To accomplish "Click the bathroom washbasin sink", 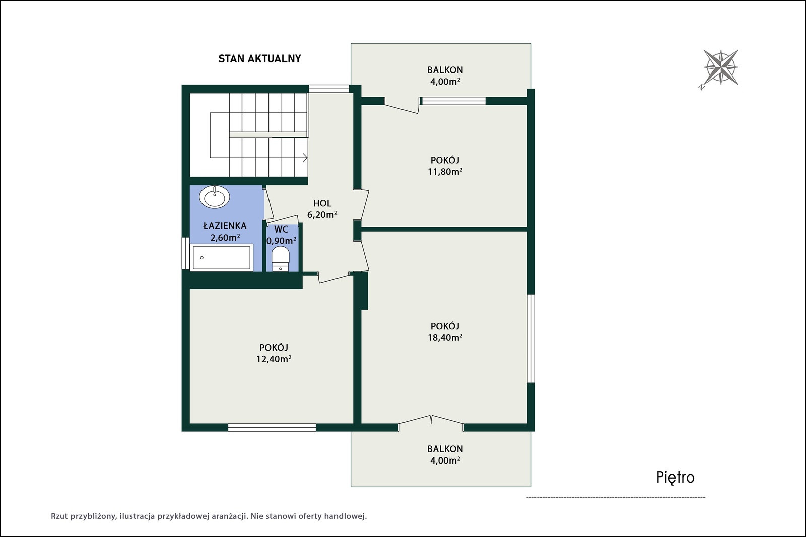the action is (215, 197).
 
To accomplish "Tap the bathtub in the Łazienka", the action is (221, 257).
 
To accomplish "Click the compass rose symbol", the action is (720, 67).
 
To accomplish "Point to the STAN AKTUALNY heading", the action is (259, 58).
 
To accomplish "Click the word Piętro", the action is (676, 478).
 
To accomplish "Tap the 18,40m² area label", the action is (445, 337).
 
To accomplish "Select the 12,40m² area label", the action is (274, 359).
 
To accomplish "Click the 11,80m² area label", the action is (445, 172).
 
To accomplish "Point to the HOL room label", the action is (322, 203).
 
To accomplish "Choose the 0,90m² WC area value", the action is (282, 240).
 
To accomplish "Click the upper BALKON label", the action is (445, 70).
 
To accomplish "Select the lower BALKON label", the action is (445, 449).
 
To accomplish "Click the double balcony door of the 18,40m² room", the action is (431, 423).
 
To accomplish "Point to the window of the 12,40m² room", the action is (272, 427).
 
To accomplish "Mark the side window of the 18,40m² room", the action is (531, 339).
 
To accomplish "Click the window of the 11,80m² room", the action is (454, 101).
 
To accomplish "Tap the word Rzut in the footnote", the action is (59, 516).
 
